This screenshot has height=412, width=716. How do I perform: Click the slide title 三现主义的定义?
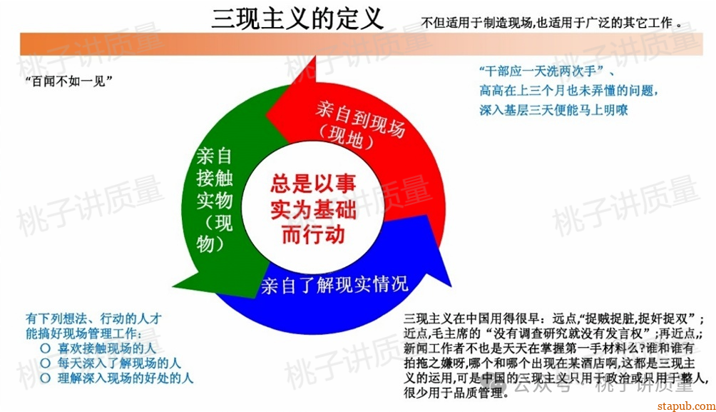tap(297, 17)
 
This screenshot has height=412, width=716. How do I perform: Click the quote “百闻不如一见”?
tap(70, 81)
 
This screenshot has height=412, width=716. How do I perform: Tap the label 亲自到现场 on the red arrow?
tap(360, 118)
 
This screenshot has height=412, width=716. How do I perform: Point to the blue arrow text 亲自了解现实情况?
tap(334, 284)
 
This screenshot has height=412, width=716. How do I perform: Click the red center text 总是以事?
tap(312, 184)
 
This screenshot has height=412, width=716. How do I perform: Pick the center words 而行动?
tap(312, 233)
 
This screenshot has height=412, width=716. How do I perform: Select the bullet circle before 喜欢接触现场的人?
tap(45, 348)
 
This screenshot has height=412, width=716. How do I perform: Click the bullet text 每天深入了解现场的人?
tap(119, 363)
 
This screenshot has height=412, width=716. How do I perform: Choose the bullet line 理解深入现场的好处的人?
tap(126, 378)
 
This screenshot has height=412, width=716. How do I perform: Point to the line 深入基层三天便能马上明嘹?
tap(553, 110)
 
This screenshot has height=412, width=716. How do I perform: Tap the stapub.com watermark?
tap(684, 405)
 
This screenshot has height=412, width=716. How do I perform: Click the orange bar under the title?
tap(357, 44)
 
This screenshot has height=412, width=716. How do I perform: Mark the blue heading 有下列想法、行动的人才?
tap(94, 318)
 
